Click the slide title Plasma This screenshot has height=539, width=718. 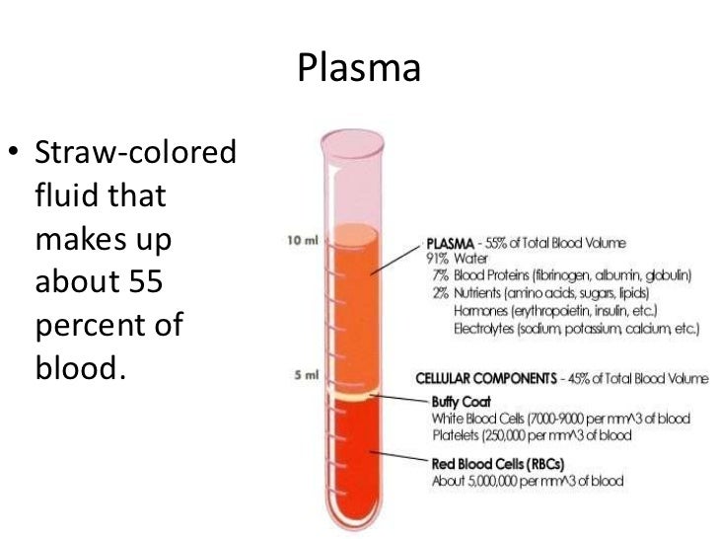tap(359, 68)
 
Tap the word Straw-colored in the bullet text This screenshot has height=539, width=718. tap(136, 155)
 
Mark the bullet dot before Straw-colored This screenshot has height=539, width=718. tap(14, 155)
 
